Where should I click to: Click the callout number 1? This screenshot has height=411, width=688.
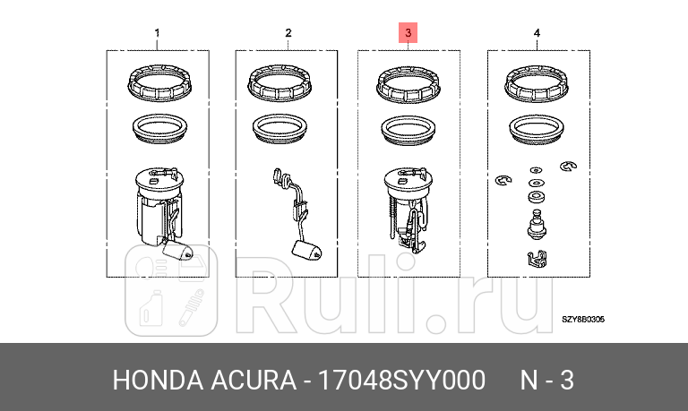point(158,34)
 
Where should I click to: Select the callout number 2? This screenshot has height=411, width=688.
point(288,34)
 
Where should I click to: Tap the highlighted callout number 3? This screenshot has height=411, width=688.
point(408,34)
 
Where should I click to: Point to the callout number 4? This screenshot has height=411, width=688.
point(537,34)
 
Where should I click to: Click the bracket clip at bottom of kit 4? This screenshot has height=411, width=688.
point(534,261)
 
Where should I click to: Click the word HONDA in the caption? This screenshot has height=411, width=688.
point(152,381)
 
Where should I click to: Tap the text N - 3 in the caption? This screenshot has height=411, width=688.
point(546,381)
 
